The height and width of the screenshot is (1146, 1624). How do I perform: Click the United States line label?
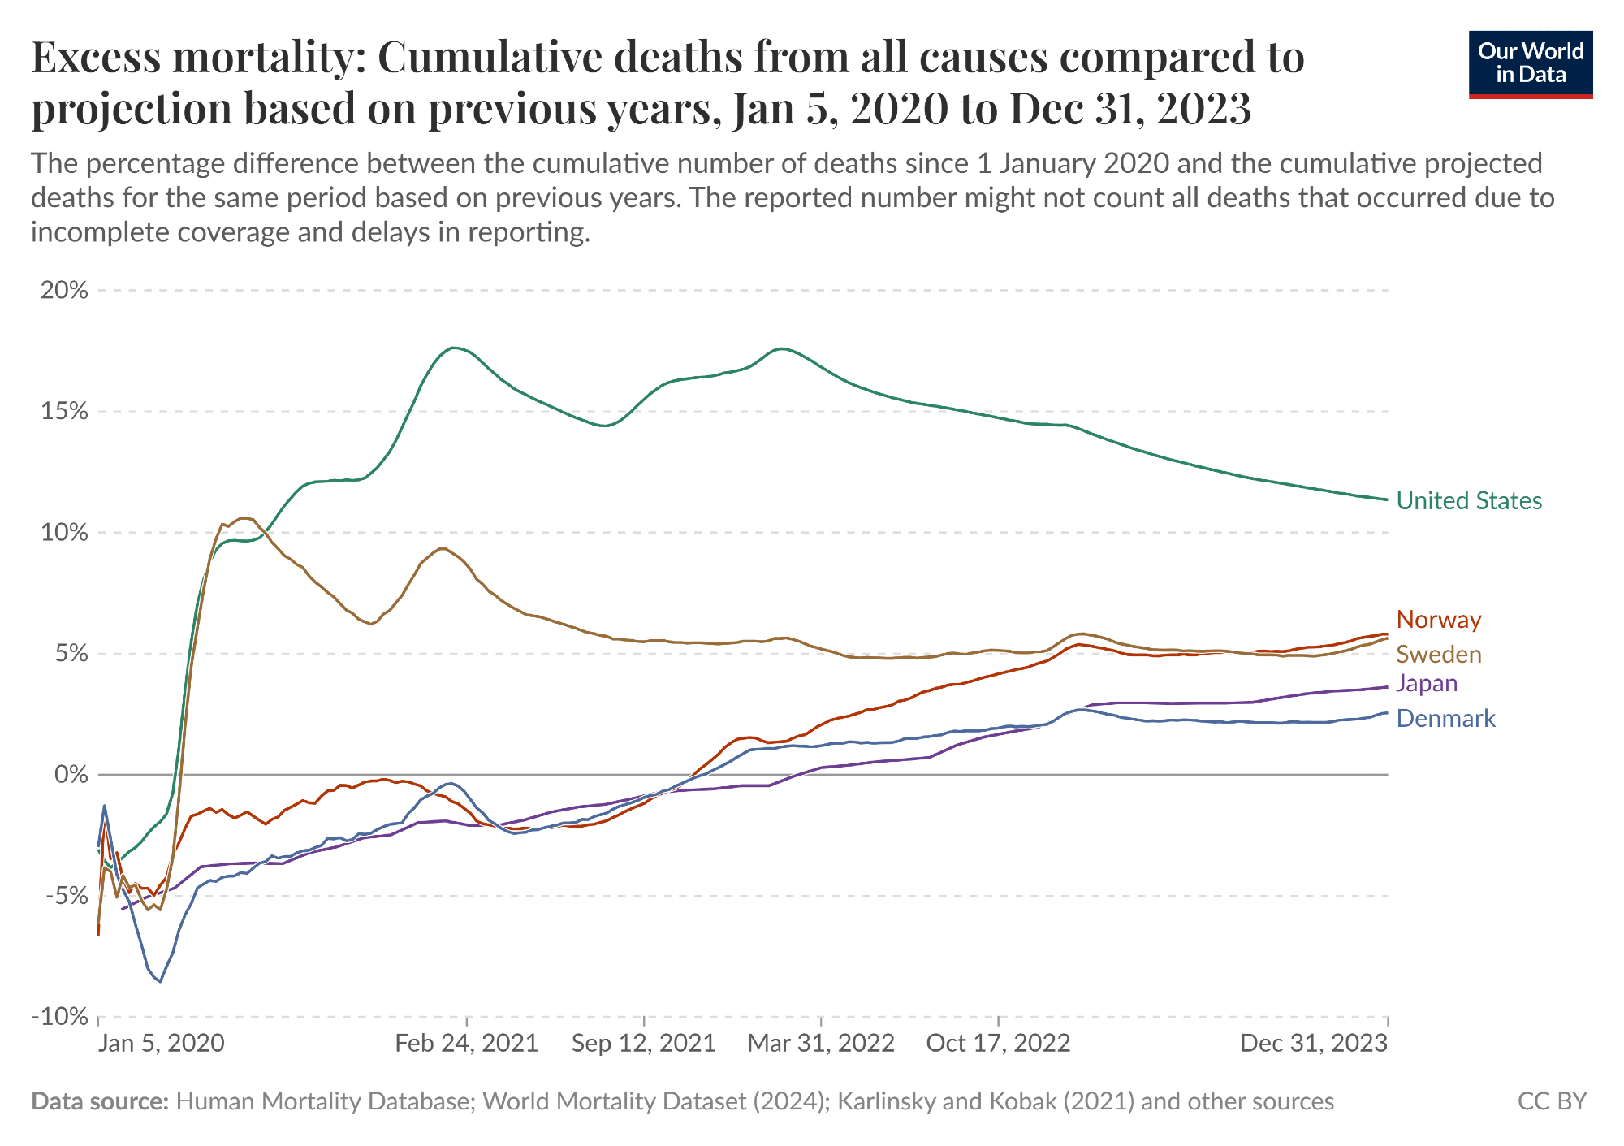click(x=1468, y=500)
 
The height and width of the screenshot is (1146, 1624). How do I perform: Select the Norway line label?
click(x=1438, y=620)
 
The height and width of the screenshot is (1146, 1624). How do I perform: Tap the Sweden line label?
click(x=1438, y=654)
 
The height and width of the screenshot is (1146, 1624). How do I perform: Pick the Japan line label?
click(x=1427, y=683)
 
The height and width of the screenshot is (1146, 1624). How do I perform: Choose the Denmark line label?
click(x=1445, y=718)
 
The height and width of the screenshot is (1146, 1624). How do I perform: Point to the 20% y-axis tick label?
click(x=64, y=290)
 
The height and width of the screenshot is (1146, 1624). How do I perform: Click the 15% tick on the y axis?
click(x=64, y=411)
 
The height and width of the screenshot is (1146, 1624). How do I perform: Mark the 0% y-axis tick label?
click(x=71, y=774)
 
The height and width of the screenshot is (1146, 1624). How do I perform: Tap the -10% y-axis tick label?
click(x=59, y=1016)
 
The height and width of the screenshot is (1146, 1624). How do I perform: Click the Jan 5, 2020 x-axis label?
click(x=161, y=1043)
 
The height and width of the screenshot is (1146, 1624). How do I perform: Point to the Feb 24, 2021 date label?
click(x=467, y=1043)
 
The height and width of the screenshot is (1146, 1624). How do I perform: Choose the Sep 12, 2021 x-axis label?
click(x=643, y=1043)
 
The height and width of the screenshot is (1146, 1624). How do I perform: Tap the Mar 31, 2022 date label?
click(x=821, y=1043)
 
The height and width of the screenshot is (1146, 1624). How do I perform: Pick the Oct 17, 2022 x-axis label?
click(x=998, y=1043)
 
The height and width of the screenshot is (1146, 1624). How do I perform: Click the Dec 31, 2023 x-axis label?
click(x=1313, y=1043)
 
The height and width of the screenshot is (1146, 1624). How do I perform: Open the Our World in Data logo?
click(x=1531, y=64)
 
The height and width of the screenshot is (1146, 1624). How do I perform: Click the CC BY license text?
click(x=1552, y=1101)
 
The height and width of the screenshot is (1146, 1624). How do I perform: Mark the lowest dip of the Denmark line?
click(x=160, y=982)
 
